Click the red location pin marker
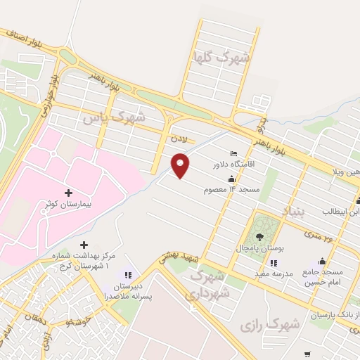(x=181, y=165)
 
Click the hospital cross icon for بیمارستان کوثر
(x=68, y=193)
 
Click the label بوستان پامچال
(x=261, y=250)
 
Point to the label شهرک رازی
(x=269, y=324)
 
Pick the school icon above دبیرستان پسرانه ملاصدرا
(x=128, y=275)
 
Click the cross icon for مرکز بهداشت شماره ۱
(x=84, y=245)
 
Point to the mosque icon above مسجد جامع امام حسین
(x=323, y=261)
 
